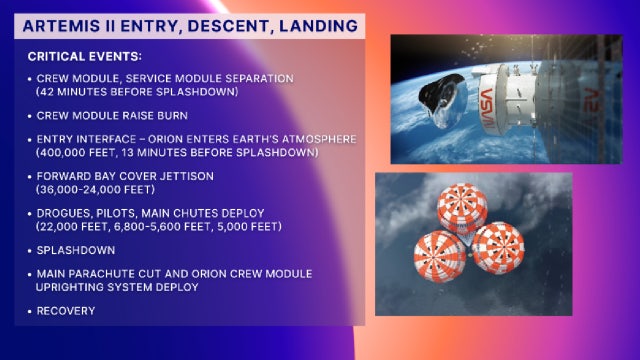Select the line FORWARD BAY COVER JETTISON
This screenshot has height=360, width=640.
124,176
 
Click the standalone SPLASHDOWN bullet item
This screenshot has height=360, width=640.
71,250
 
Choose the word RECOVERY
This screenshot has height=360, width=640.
62,311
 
